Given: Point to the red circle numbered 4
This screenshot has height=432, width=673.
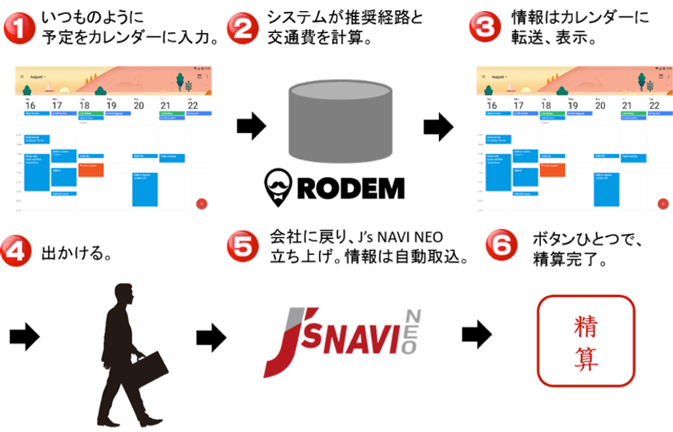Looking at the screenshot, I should [x=18, y=252].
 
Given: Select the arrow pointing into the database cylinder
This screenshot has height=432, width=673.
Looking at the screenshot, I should [x=250, y=126].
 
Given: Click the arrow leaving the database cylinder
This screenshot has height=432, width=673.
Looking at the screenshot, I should [x=437, y=126].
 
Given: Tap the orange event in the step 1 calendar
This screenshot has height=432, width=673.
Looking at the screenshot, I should [x=90, y=169].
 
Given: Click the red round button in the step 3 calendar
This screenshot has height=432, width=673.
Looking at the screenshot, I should [x=662, y=204].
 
